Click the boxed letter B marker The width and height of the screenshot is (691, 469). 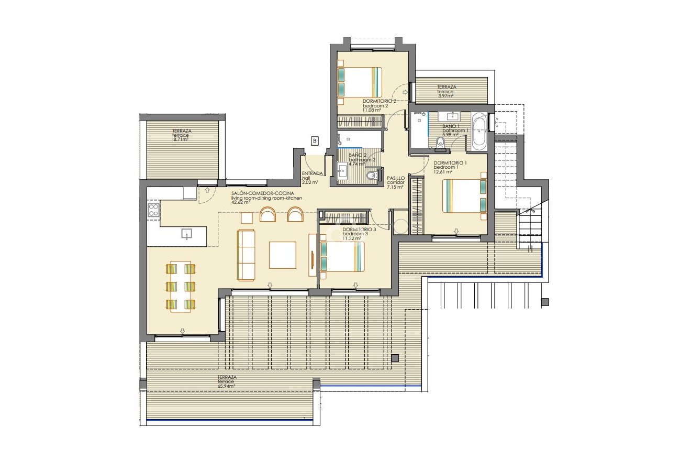(x=315, y=140)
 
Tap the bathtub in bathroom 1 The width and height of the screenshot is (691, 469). (x=480, y=132)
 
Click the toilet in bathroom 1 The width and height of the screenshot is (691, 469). (x=439, y=141)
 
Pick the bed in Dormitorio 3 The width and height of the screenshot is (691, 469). (x=342, y=257)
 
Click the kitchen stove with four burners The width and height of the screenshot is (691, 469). (x=153, y=210)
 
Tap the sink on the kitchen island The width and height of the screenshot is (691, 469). (x=186, y=234)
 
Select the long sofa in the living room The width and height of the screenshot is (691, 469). (x=246, y=254)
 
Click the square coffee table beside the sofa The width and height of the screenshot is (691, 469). (x=282, y=255)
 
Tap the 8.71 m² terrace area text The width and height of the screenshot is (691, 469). (x=180, y=139)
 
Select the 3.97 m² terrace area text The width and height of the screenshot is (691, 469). (x=445, y=95)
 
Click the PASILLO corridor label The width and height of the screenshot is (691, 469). (x=395, y=178)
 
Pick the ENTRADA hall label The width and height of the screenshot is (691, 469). (x=312, y=174)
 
